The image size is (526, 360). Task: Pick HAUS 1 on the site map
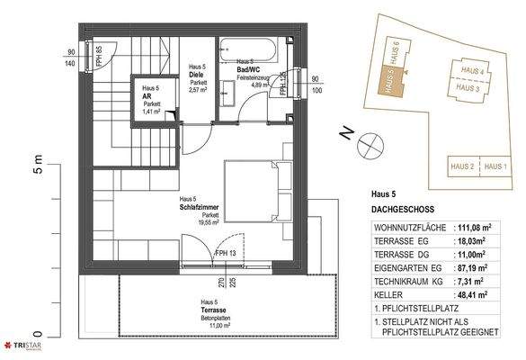(495, 166)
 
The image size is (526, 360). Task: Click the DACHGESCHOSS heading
(403, 209)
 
